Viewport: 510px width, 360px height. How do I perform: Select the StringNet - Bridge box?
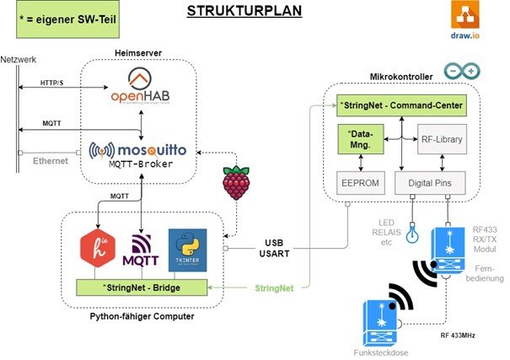(142, 287)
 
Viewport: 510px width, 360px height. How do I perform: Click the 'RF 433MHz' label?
(458, 335)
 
